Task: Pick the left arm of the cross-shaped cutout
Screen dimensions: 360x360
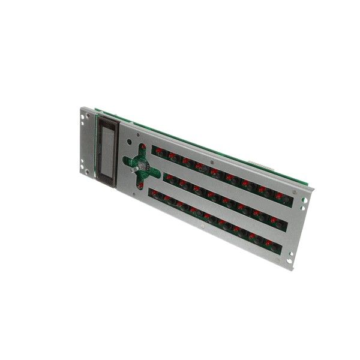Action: click(x=127, y=160)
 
